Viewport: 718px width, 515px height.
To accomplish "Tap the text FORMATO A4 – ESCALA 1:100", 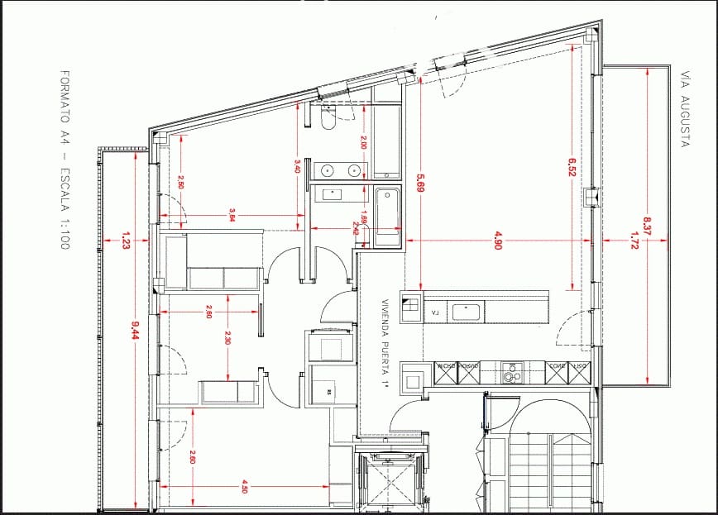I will [x=65, y=161].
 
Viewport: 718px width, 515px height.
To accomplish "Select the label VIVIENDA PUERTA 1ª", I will [x=385, y=343].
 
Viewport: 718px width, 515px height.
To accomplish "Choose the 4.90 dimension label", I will [x=498, y=241].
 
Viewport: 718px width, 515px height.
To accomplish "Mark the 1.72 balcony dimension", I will [x=634, y=241].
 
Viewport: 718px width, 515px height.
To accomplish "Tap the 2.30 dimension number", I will [x=227, y=337].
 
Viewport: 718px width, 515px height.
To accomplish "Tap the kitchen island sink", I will [x=467, y=312].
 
